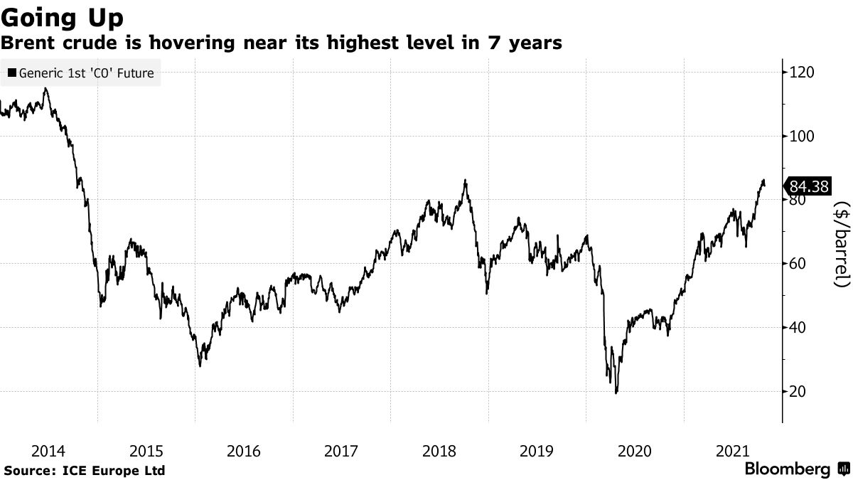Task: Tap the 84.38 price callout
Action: (x=809, y=187)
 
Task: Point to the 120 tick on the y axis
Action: (x=802, y=73)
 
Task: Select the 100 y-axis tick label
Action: (x=802, y=137)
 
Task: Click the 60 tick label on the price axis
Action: (x=798, y=264)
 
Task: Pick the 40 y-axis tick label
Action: (x=798, y=328)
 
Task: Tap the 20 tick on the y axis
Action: (x=798, y=392)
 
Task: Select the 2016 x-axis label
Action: (x=244, y=451)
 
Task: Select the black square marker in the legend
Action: (x=11, y=73)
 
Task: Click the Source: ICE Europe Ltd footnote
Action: (x=84, y=471)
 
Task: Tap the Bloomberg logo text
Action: (x=787, y=469)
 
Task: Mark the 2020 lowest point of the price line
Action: (x=616, y=393)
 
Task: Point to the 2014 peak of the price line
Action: (x=46, y=88)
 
